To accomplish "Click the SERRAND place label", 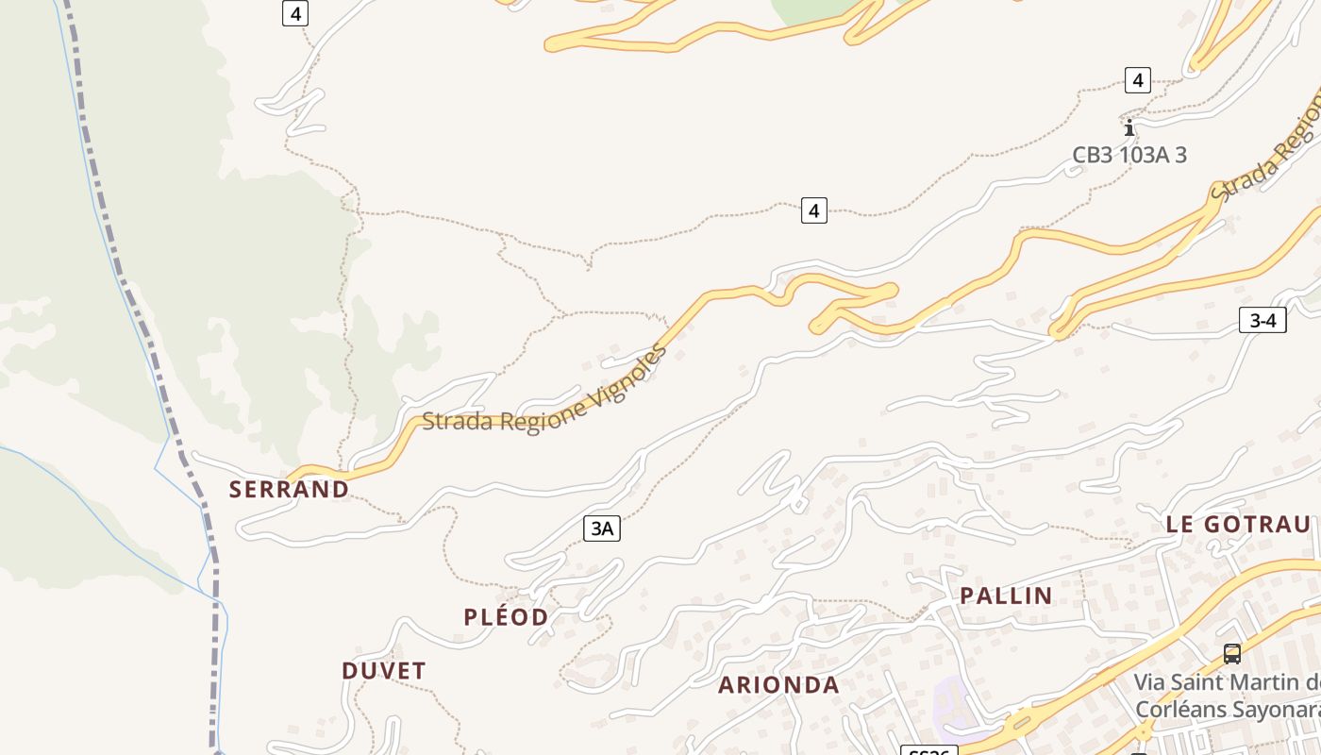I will (x=289, y=489).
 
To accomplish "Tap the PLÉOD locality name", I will (x=506, y=617).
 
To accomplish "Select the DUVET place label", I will (x=384, y=671).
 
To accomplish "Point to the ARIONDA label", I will (x=778, y=685).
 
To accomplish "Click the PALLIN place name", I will (x=1006, y=596).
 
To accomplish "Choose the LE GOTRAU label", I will (x=1238, y=525).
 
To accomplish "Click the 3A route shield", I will (x=602, y=528).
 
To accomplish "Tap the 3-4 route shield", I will (x=1262, y=320).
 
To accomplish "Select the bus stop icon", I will (x=1231, y=653).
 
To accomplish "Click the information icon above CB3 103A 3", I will (x=1129, y=127).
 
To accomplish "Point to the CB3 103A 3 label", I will (x=1129, y=155).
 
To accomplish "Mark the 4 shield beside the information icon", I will (x=1137, y=80).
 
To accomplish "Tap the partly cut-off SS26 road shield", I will (x=929, y=751).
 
